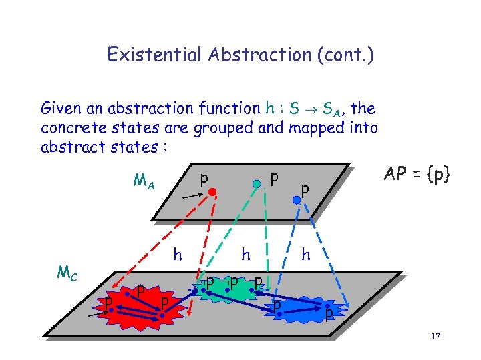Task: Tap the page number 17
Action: point(435,337)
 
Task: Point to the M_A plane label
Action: point(144,181)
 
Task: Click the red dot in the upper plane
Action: point(212,192)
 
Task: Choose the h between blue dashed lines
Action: point(306,254)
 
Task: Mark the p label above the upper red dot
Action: point(204,178)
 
